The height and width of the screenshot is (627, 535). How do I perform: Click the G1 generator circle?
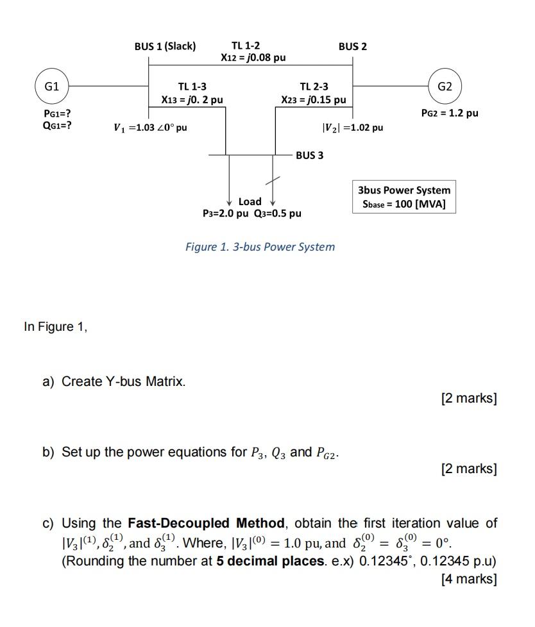(x=52, y=85)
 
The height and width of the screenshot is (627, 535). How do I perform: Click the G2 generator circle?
(x=445, y=85)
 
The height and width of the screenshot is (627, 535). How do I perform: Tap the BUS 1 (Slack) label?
(x=165, y=46)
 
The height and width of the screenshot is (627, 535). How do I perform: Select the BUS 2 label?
(x=353, y=46)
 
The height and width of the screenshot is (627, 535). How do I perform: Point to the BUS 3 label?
(x=310, y=155)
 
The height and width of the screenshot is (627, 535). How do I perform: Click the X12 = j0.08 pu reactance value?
(x=253, y=58)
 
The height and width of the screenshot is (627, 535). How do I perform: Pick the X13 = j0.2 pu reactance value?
(x=192, y=99)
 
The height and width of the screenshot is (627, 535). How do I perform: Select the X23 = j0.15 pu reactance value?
(x=314, y=99)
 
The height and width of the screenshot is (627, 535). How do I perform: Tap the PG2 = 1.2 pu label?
(x=450, y=113)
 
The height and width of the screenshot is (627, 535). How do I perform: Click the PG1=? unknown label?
(x=57, y=113)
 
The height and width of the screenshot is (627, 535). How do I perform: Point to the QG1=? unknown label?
(x=57, y=124)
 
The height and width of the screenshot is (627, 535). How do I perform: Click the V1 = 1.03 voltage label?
(x=150, y=127)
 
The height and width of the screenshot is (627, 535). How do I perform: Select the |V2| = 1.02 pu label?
(x=352, y=127)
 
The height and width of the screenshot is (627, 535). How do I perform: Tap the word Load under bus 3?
(x=250, y=201)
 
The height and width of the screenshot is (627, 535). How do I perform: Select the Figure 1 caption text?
(x=260, y=247)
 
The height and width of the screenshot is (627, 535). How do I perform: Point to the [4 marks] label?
(x=469, y=579)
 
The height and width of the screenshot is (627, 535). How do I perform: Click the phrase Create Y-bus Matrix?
(x=123, y=381)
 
